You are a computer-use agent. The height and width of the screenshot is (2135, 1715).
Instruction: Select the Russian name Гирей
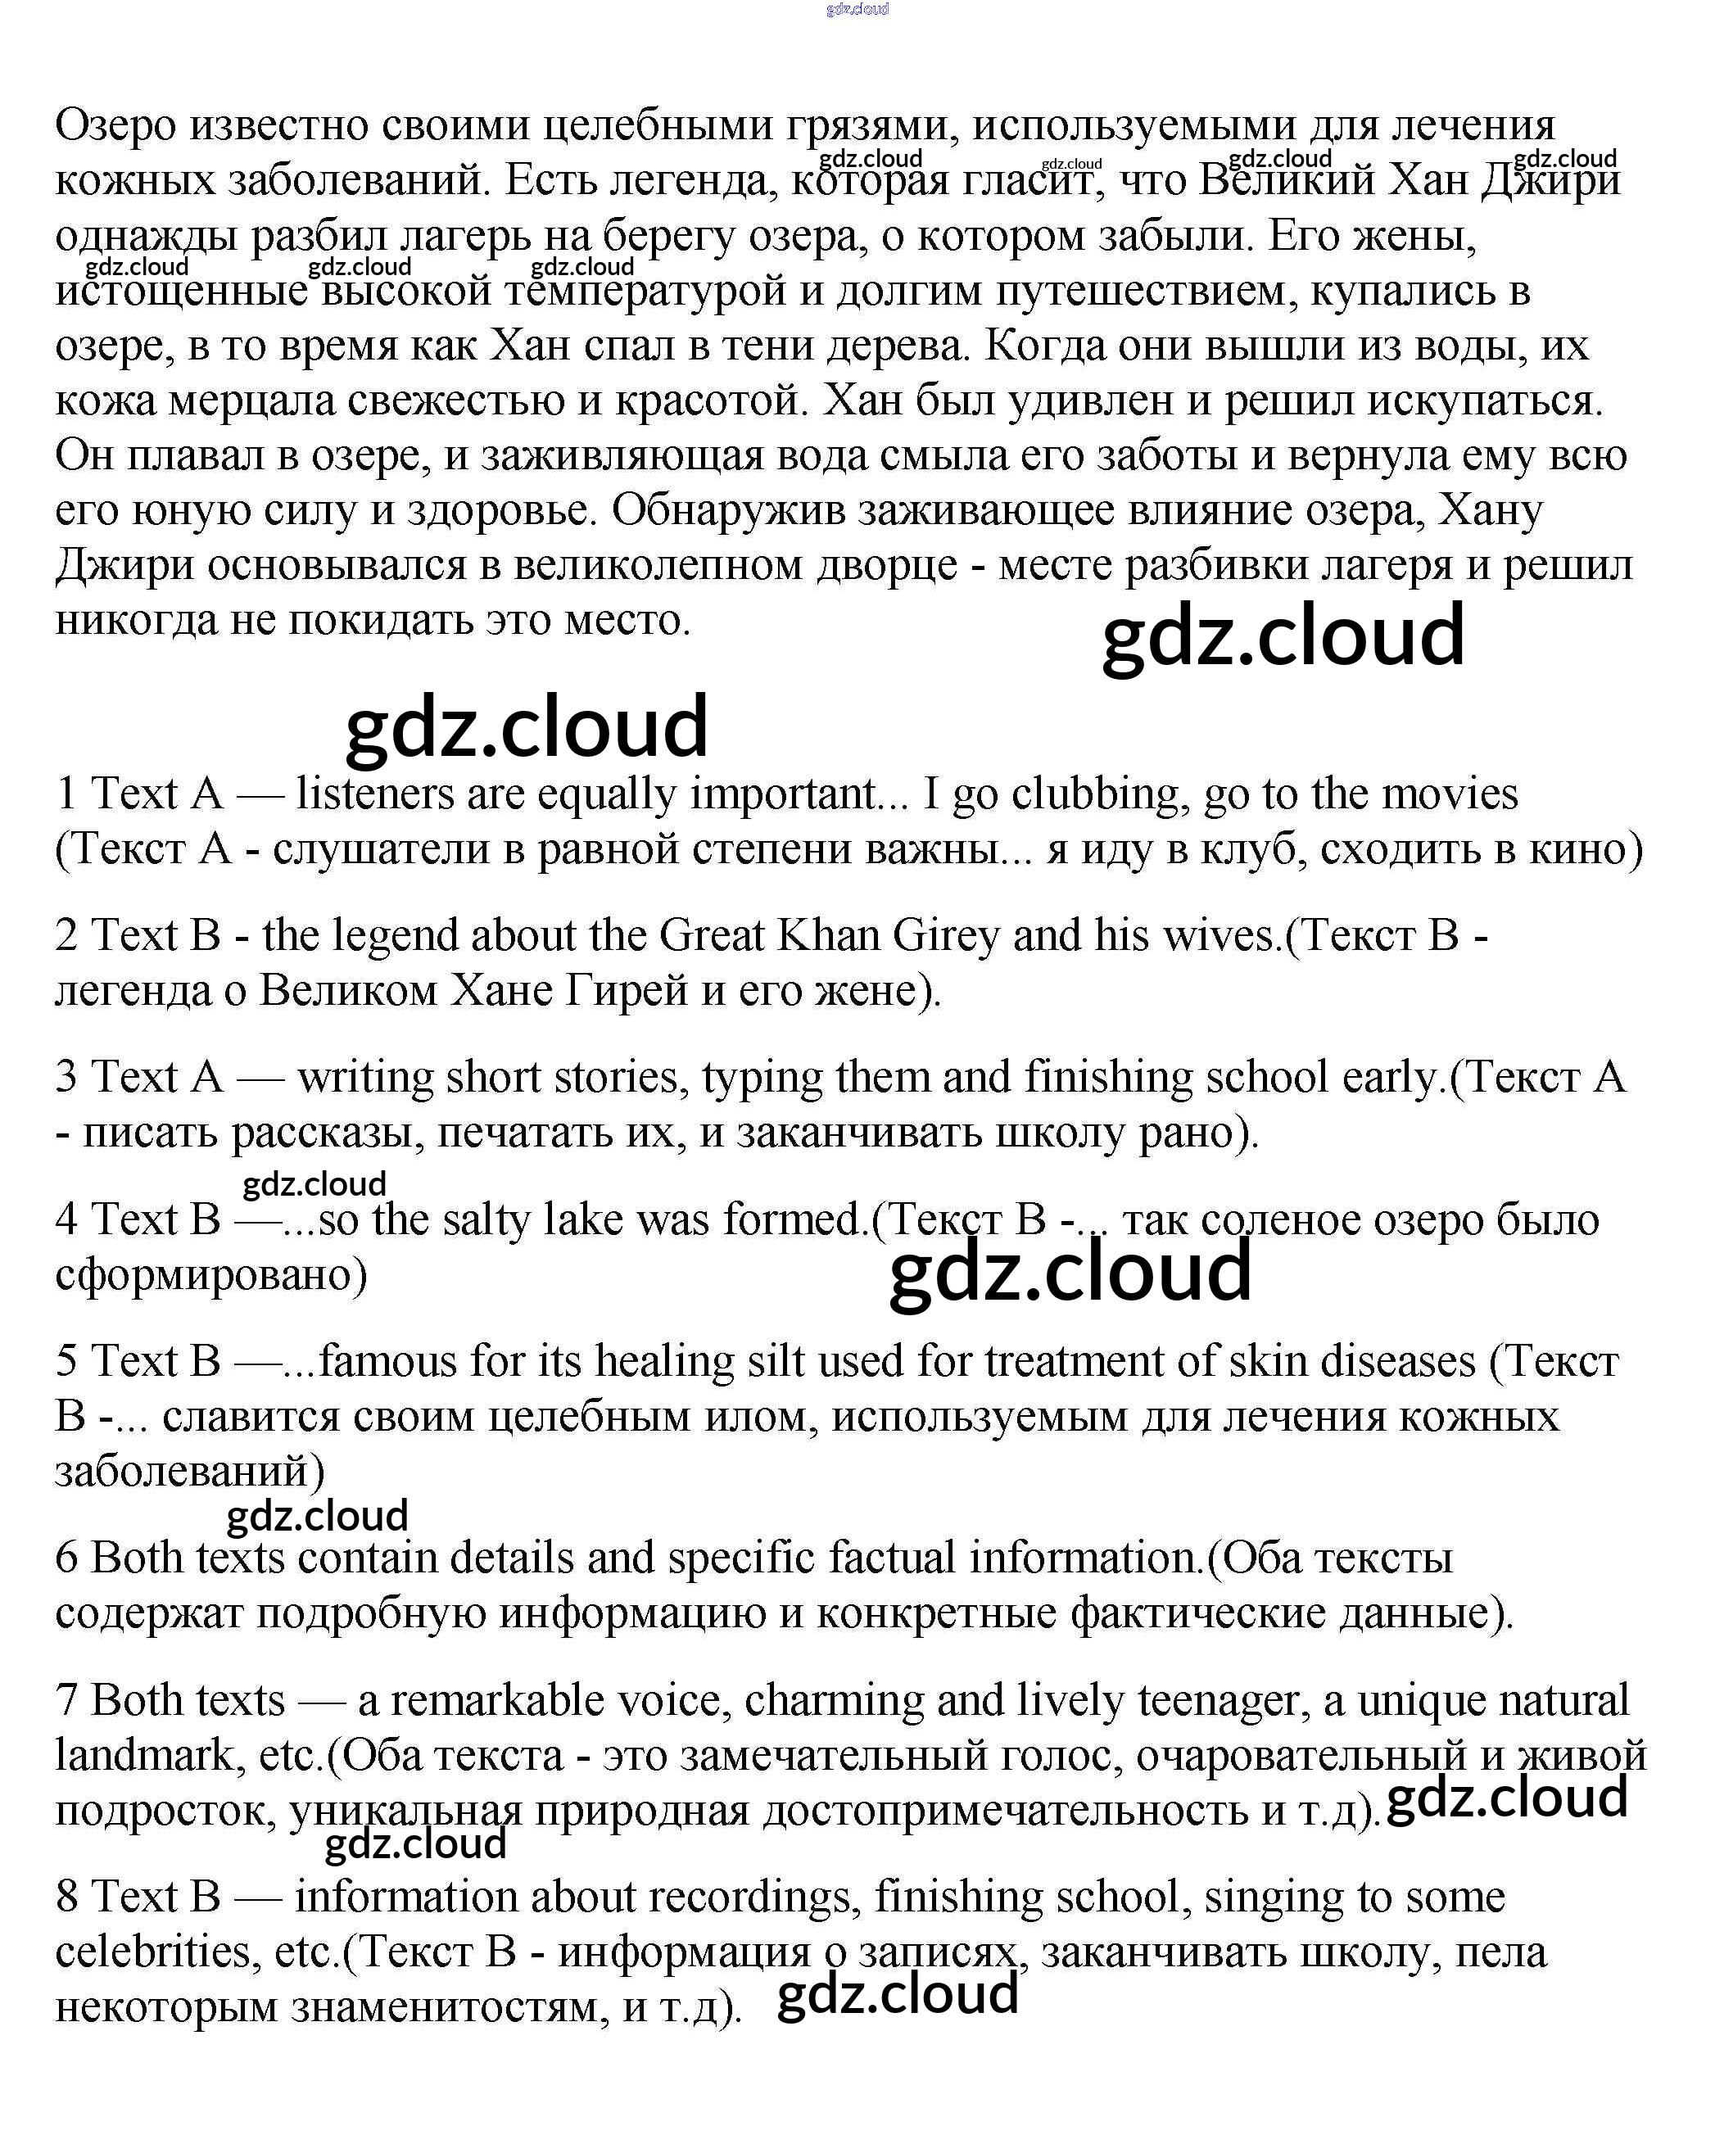point(626,990)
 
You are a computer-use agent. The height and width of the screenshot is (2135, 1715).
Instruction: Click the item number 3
point(66,1078)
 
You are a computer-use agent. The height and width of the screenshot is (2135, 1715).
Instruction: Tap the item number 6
point(66,1558)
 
